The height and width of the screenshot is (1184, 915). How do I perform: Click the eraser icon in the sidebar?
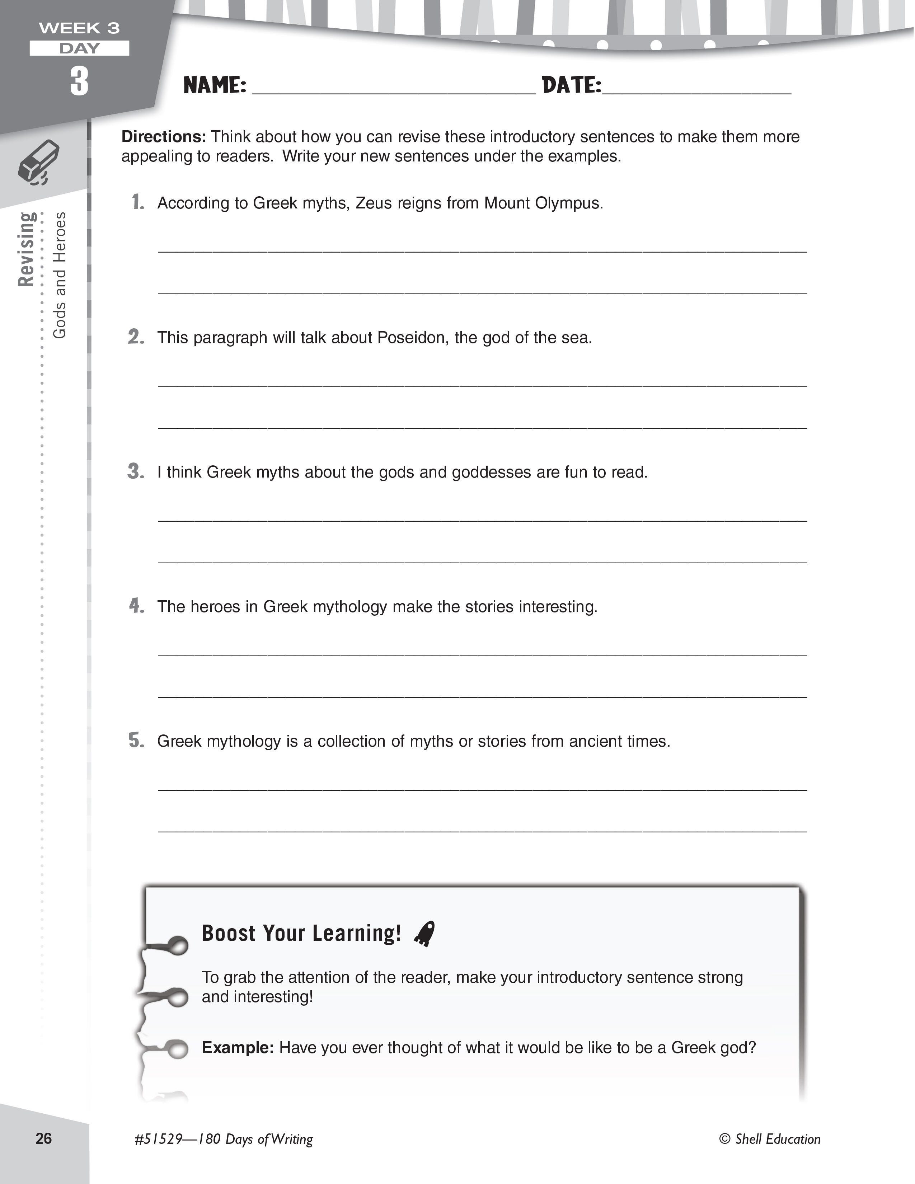click(x=39, y=162)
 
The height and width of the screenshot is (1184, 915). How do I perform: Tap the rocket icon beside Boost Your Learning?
click(x=424, y=934)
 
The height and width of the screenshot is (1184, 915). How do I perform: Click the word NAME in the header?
click(x=215, y=85)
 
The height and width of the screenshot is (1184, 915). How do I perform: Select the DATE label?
click(x=571, y=85)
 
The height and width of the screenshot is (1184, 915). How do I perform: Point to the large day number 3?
click(x=79, y=81)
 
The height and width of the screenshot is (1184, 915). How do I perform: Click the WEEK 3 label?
click(x=79, y=28)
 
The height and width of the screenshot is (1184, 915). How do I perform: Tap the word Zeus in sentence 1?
click(x=374, y=203)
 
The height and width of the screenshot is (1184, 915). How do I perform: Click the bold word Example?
click(x=238, y=1047)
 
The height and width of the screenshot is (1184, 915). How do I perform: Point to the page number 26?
click(x=44, y=1138)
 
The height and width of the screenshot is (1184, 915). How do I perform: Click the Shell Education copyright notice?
click(x=770, y=1139)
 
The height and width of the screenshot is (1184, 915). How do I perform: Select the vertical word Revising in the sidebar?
click(x=26, y=249)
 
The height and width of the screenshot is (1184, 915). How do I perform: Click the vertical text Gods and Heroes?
click(x=60, y=276)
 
